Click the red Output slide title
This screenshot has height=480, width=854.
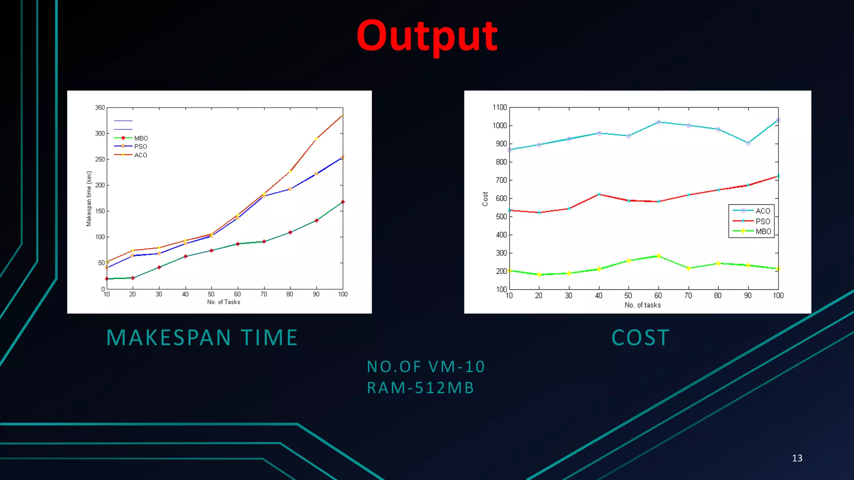pos(427,37)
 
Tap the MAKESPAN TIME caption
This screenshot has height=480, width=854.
pos(202,337)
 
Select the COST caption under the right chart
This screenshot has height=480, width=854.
pos(640,337)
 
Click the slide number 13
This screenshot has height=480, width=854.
pos(797,458)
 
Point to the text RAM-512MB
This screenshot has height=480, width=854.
pos(420,388)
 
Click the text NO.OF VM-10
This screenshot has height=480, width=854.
pos(426,367)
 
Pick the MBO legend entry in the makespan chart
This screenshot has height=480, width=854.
pos(141,138)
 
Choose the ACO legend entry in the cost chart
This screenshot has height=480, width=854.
pos(762,211)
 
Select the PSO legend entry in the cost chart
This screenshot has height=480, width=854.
pos(762,221)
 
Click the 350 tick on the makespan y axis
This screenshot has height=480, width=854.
pos(100,107)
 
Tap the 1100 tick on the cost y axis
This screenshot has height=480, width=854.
pos(500,107)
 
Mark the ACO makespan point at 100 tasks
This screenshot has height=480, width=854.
pos(343,115)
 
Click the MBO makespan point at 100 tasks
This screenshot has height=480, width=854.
pos(343,202)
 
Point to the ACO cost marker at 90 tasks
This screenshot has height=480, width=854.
pos(748,143)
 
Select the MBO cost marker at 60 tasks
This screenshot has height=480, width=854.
pos(658,256)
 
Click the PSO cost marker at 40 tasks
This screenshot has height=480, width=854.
pos(599,194)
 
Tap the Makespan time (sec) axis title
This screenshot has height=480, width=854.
pos(88,198)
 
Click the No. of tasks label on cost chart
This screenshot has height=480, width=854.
pos(643,305)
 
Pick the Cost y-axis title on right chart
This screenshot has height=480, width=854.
pos(485,199)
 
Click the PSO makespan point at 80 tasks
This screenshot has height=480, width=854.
pos(290,189)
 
